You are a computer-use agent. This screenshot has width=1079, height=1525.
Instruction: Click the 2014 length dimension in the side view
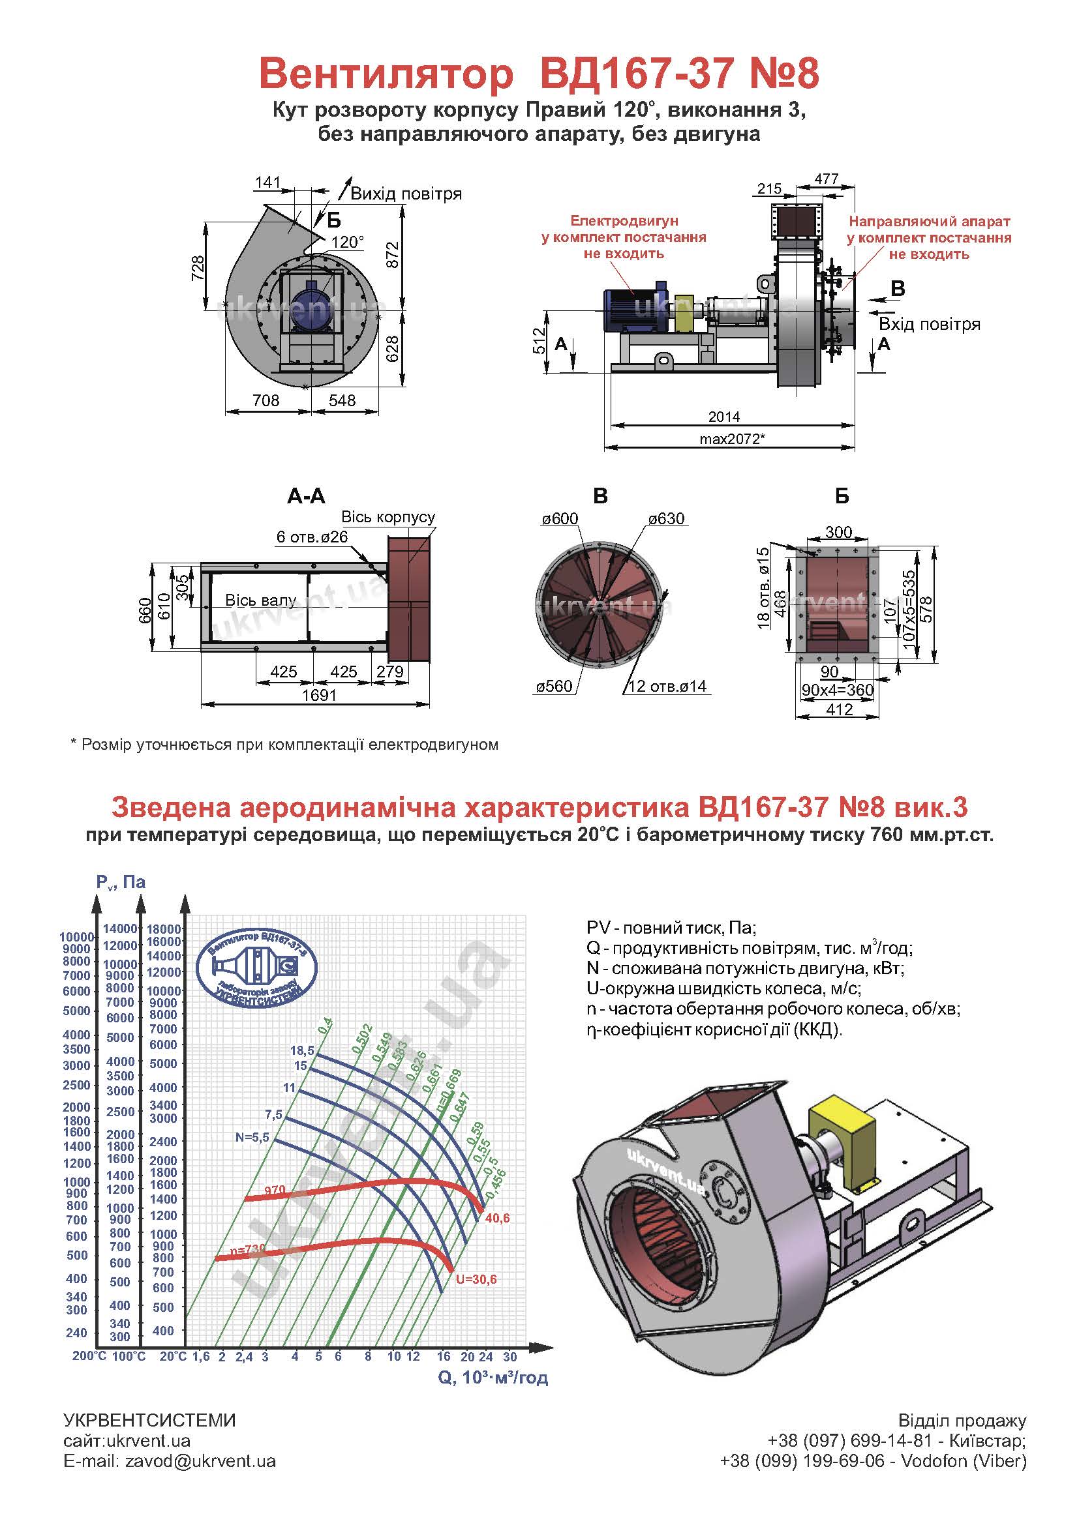click(723, 417)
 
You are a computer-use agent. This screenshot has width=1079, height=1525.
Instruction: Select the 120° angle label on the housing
click(348, 242)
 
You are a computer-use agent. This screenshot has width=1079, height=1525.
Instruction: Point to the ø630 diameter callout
click(666, 519)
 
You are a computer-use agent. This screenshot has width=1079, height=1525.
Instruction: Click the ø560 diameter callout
click(554, 686)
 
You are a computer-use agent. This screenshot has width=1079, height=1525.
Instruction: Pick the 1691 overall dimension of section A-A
click(320, 695)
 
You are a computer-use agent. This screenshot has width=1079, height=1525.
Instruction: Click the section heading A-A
click(307, 496)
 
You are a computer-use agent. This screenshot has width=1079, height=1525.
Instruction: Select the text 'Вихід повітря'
click(406, 194)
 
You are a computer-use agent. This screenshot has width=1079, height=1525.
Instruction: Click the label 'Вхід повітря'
click(930, 324)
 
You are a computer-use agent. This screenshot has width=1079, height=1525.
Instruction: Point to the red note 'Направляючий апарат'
click(930, 221)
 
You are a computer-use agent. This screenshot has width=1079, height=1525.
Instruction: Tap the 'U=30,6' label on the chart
click(476, 1279)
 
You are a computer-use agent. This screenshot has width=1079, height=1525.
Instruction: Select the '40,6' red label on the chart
click(497, 1218)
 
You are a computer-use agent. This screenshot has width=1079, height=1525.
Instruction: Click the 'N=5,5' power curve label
click(252, 1137)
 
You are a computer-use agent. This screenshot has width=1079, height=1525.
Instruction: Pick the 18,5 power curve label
click(301, 1051)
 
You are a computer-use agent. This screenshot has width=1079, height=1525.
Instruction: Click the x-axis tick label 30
click(509, 1356)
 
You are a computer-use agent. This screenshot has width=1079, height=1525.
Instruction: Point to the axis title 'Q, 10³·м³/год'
click(493, 1378)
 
